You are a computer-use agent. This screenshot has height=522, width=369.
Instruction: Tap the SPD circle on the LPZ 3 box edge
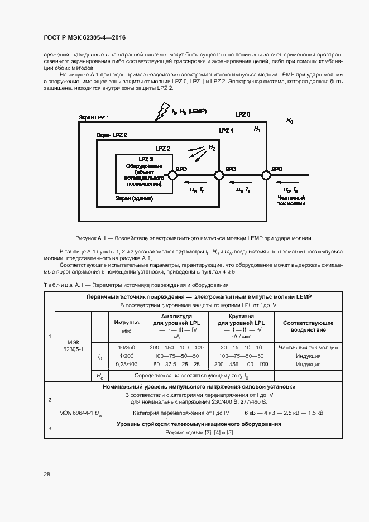[173, 175]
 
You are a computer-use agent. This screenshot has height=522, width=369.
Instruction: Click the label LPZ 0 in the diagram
[242, 114]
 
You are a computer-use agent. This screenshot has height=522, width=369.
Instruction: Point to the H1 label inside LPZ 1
[257, 129]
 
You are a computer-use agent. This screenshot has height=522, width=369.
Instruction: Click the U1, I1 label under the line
[243, 190]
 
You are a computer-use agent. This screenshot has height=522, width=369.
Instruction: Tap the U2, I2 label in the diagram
[197, 190]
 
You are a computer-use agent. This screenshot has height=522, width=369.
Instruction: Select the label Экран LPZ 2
[112, 135]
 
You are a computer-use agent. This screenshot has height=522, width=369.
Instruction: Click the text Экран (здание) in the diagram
[134, 198]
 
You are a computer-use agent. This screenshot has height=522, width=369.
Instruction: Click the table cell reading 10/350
[126, 347]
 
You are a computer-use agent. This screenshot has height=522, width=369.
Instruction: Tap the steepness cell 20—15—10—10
[241, 347]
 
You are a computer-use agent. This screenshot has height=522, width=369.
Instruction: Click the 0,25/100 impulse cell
[126, 364]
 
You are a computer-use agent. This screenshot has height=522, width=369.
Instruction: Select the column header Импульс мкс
[126, 326]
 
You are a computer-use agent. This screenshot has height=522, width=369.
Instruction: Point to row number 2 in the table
[50, 400]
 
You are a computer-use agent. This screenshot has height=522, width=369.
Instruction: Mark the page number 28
[47, 474]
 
